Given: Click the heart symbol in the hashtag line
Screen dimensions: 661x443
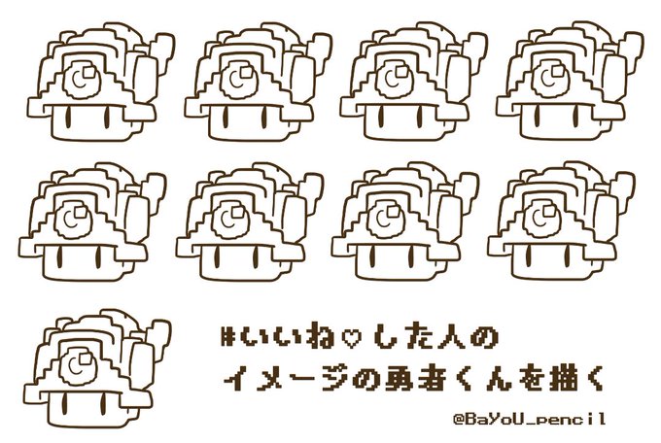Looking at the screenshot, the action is pyautogui.click(x=350, y=338).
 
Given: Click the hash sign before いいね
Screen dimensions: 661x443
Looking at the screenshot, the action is pyautogui.click(x=228, y=338).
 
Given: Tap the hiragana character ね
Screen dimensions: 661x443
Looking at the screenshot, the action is pyautogui.click(x=321, y=338).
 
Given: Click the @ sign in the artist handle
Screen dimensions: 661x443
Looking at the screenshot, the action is pyautogui.click(x=459, y=420).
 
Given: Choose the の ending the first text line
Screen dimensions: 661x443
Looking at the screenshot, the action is pyautogui.click(x=485, y=338).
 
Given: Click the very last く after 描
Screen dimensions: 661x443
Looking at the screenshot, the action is pyautogui.click(x=591, y=378).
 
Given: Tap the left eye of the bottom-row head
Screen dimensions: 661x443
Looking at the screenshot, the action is pyautogui.click(x=64, y=405).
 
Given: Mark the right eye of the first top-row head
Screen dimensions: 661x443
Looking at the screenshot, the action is pyautogui.click(x=107, y=118).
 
